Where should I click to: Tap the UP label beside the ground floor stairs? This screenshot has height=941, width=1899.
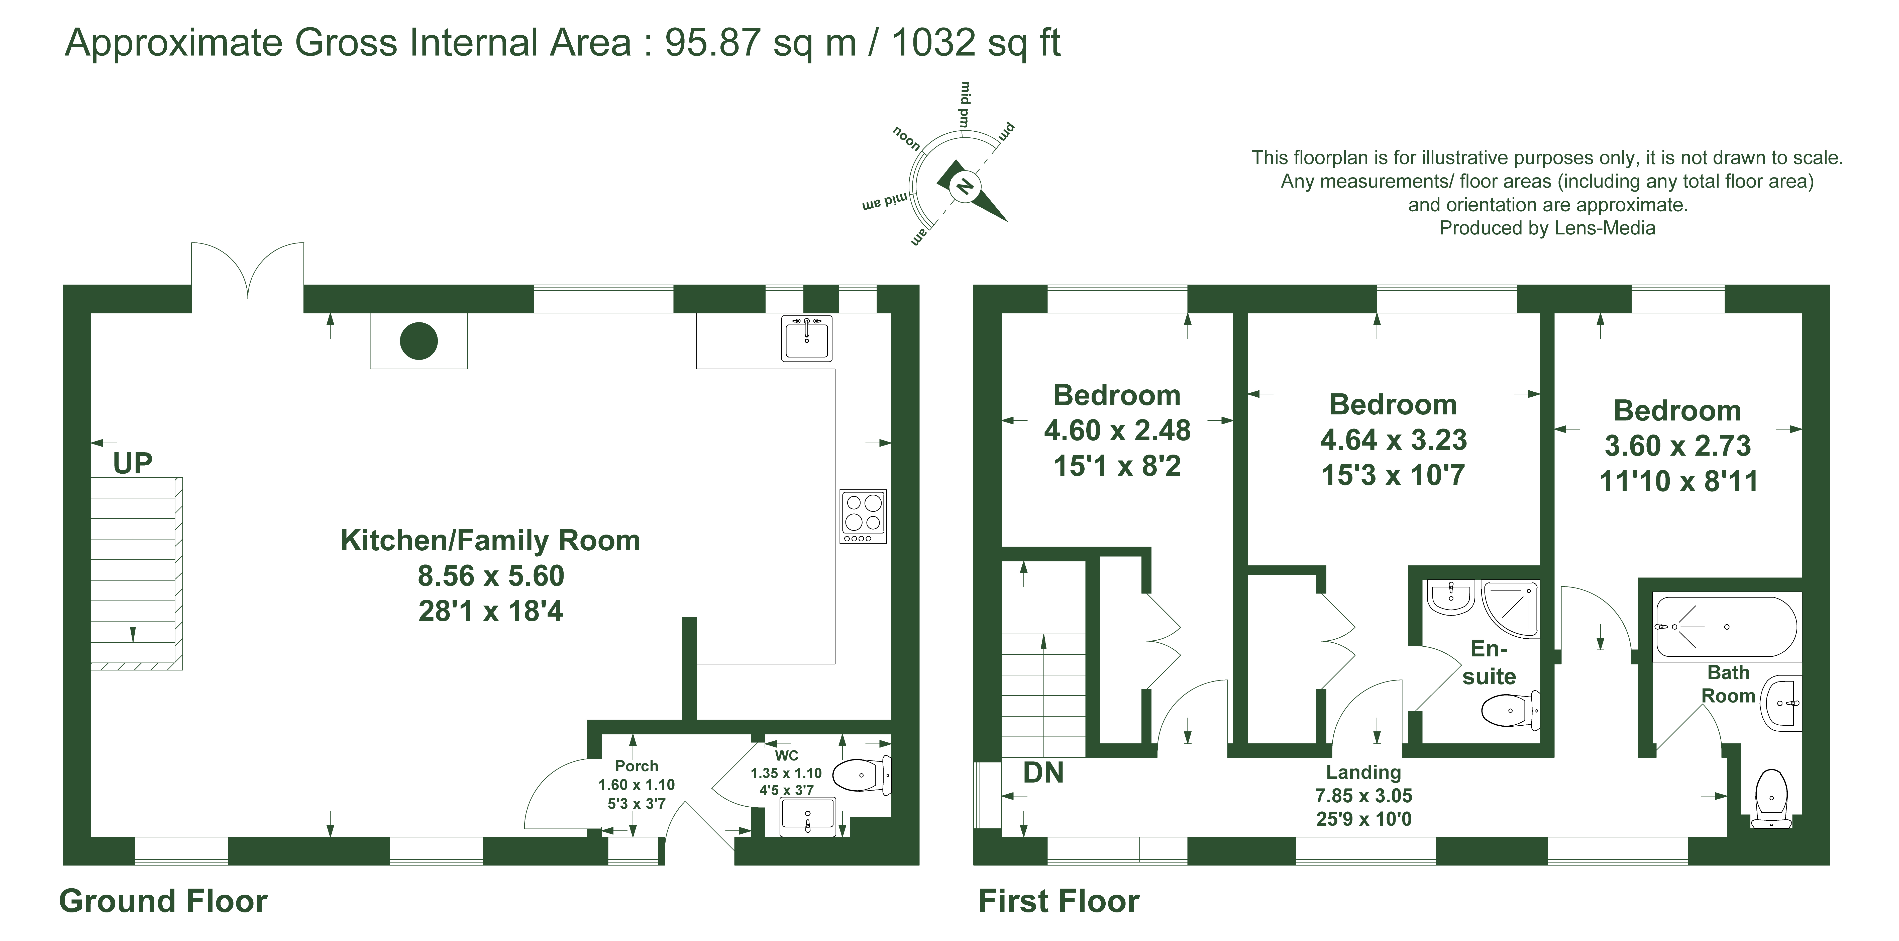133,463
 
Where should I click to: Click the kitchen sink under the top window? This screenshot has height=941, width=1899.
806,338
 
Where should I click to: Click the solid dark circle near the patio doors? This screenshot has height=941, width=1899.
419,341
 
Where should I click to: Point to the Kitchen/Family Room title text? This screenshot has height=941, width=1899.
490,541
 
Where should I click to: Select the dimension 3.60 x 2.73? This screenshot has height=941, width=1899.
1678,445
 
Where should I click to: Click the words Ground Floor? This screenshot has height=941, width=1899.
163,901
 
